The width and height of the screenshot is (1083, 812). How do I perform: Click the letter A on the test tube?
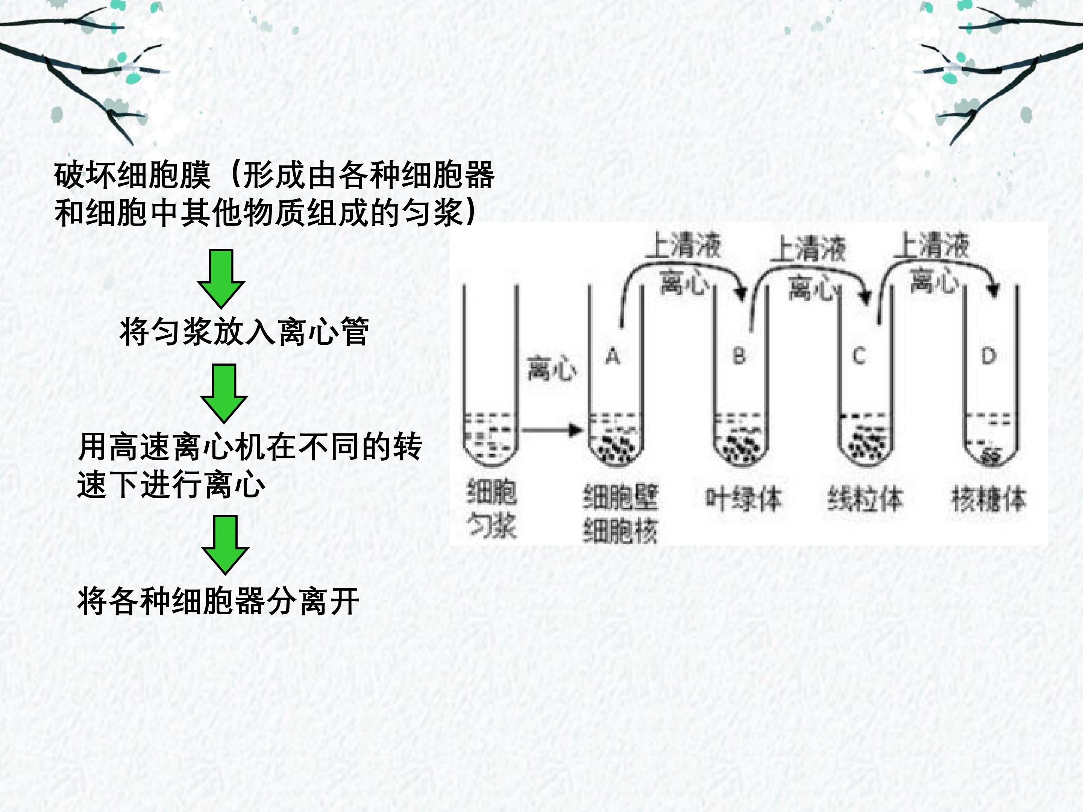(613, 356)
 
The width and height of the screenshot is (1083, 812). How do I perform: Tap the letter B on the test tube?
(739, 356)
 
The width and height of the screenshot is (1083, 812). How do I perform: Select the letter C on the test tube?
(859, 356)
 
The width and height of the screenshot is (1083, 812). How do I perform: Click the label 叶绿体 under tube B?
(743, 499)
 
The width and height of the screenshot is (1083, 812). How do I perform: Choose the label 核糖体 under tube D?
(989, 499)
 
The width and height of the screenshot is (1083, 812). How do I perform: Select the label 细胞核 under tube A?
(620, 530)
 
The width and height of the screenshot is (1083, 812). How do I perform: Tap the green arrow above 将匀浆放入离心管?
(221, 279)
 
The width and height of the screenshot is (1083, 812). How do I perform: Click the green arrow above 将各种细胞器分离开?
(225, 545)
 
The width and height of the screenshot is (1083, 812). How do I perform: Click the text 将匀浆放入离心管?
(244, 332)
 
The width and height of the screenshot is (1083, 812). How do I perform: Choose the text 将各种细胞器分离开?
(218, 601)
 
